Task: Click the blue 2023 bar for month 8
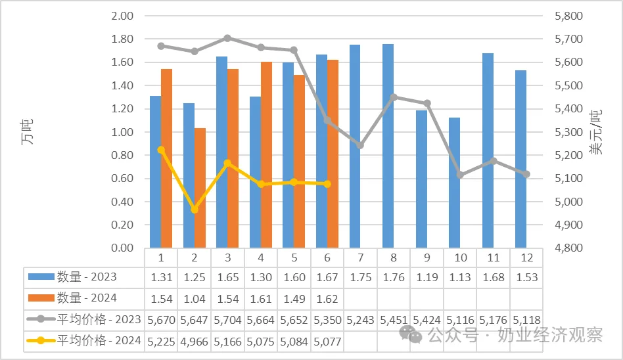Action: point(388,146)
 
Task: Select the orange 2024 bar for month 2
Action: point(200,188)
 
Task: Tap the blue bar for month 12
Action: point(521,159)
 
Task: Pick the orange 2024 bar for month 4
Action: point(267,154)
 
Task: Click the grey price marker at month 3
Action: point(227,38)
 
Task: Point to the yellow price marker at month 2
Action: point(195,210)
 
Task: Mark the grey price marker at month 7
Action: point(360,145)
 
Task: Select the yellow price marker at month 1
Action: point(161,150)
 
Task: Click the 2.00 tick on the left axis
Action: point(122,16)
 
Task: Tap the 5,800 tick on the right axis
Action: point(568,16)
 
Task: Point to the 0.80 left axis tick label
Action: point(122,155)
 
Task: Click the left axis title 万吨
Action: point(27,131)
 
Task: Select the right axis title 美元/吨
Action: point(596,132)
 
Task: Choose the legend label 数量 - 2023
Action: point(87,277)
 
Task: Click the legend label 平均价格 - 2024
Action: point(99,340)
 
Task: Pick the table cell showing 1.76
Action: point(394,277)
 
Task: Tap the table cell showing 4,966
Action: point(195,342)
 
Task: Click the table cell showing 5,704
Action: point(227,320)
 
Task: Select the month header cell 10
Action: point(461,258)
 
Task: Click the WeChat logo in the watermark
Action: point(411,334)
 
